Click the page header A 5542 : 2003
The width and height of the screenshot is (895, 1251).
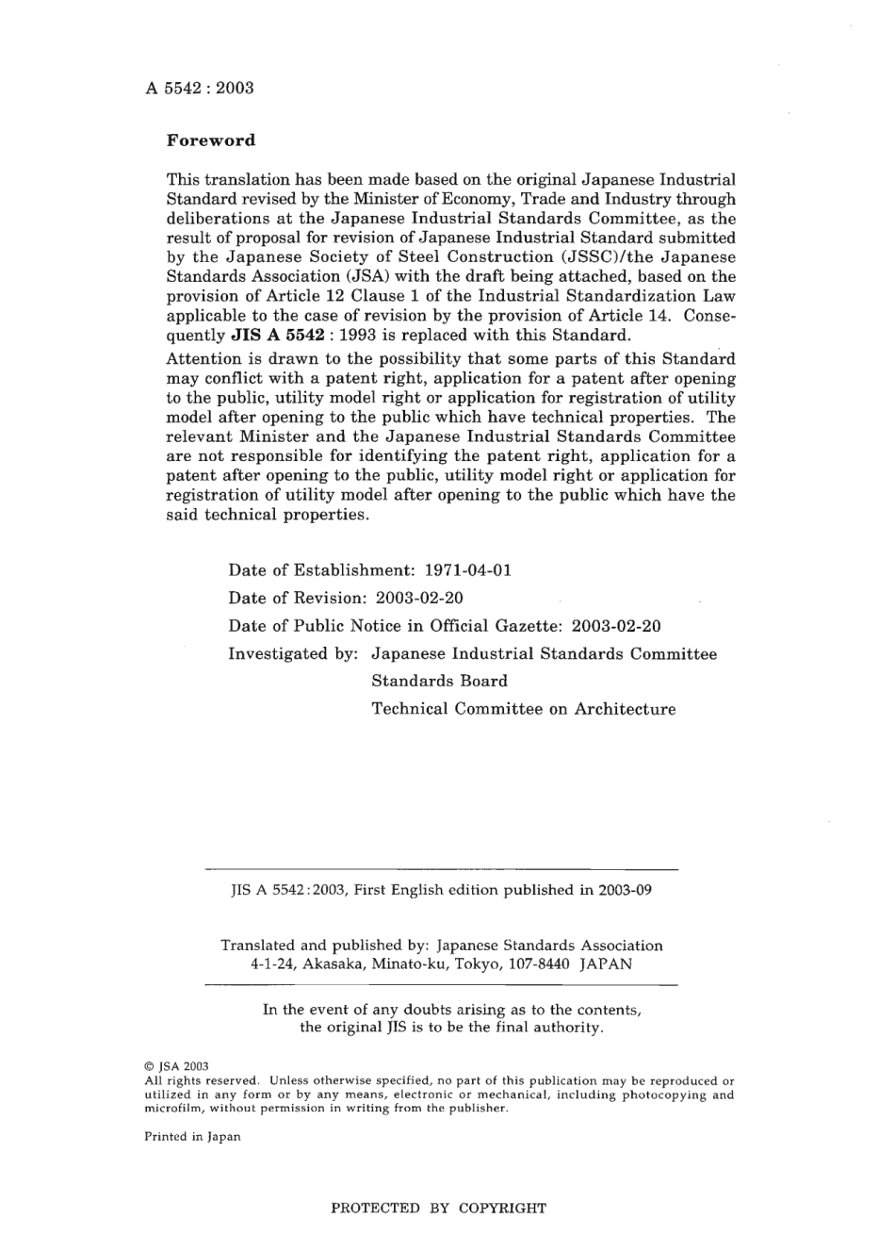200,89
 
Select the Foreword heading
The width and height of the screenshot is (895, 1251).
211,140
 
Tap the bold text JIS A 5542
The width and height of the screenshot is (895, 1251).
277,336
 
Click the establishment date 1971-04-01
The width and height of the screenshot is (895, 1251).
468,570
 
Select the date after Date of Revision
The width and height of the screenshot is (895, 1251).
418,598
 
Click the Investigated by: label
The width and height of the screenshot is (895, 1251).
292,653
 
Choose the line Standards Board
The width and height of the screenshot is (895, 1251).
439,681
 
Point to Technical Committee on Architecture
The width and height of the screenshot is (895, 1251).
523,709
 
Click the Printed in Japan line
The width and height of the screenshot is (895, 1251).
192,1136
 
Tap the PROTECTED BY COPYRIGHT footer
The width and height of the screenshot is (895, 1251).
438,1208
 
